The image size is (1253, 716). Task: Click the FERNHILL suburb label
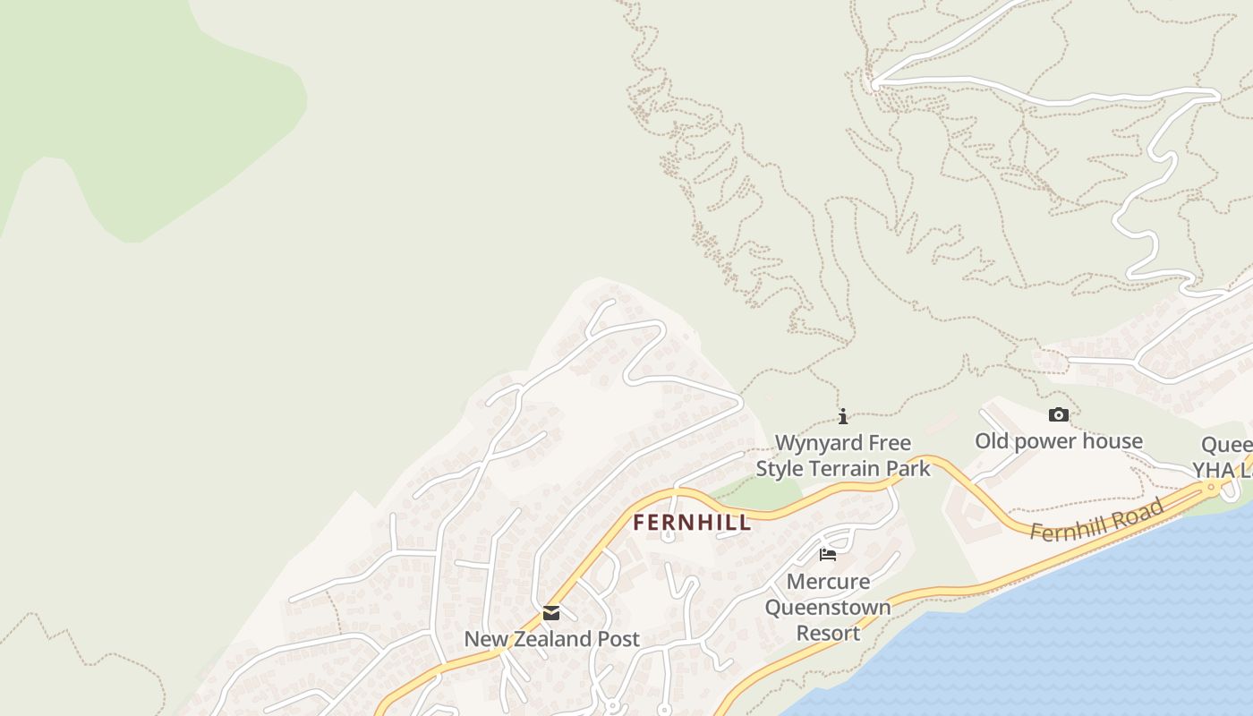click(x=692, y=523)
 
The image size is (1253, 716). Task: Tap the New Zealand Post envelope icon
click(x=551, y=613)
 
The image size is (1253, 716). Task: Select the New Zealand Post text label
click(x=551, y=639)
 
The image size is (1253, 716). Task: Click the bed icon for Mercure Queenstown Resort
click(x=828, y=555)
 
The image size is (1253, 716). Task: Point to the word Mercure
click(x=828, y=582)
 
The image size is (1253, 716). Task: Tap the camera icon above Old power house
click(x=1059, y=414)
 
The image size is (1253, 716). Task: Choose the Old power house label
click(x=1058, y=441)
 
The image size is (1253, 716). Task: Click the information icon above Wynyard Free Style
click(x=843, y=416)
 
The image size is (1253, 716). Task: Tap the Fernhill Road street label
click(x=1096, y=521)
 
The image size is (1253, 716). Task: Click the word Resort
click(x=828, y=634)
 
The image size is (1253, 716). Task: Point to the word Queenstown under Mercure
click(x=828, y=608)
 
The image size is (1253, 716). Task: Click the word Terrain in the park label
click(x=848, y=468)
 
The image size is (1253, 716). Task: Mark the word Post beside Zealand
click(x=617, y=639)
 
